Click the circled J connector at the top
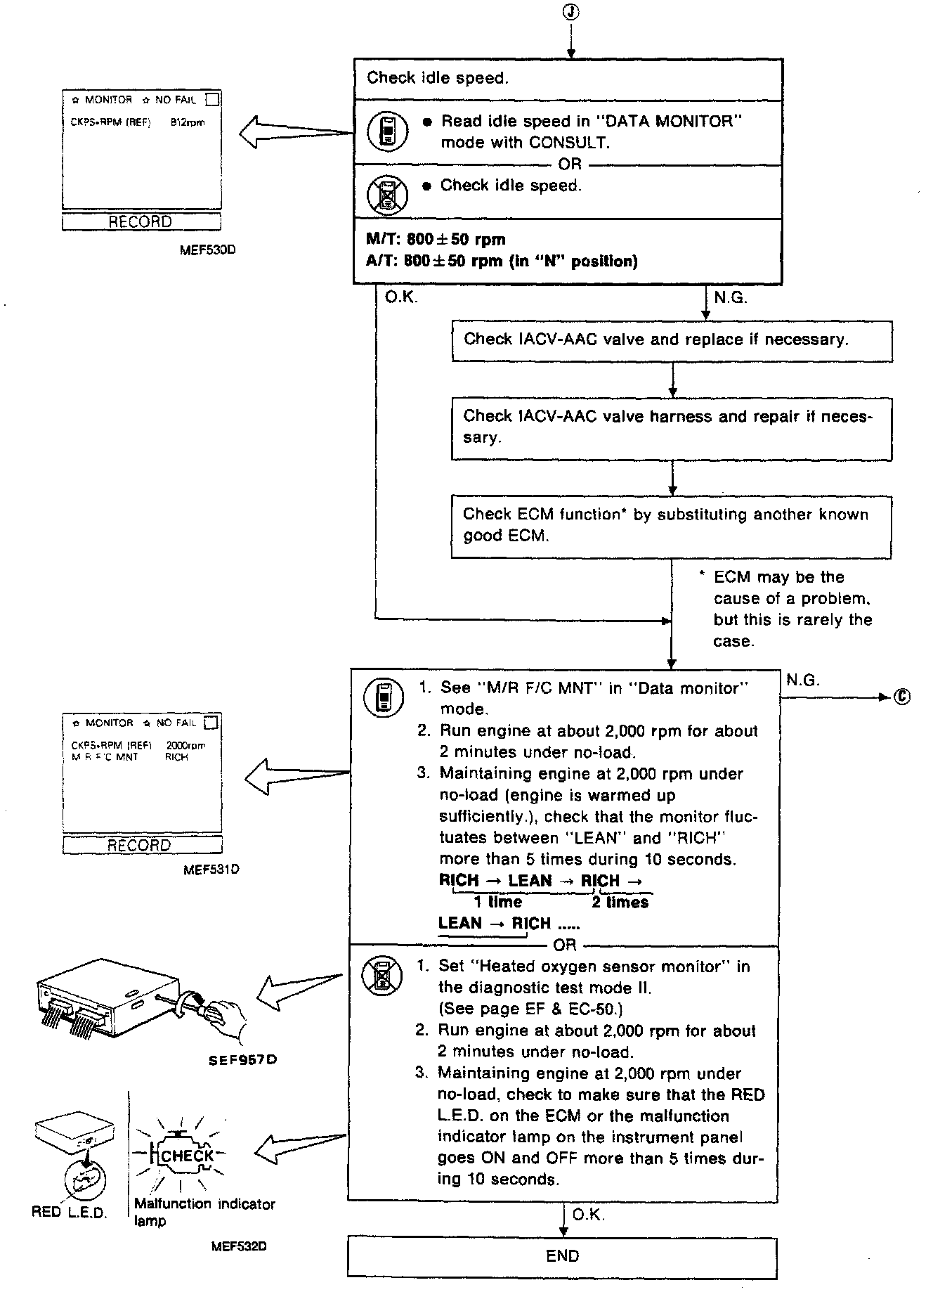570,12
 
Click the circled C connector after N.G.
903,697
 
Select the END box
562,1255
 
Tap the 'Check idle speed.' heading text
437,78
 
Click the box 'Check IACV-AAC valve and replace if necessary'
672,340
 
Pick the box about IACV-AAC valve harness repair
672,427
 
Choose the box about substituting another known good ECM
672,526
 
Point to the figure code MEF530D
207,248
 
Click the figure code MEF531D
211,870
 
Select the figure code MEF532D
239,1246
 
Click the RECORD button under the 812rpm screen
141,222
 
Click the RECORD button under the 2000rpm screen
141,845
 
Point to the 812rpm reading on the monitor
188,122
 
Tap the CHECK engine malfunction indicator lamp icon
185,1156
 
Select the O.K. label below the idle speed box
401,298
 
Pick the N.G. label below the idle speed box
731,298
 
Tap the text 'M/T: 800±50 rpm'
436,240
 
